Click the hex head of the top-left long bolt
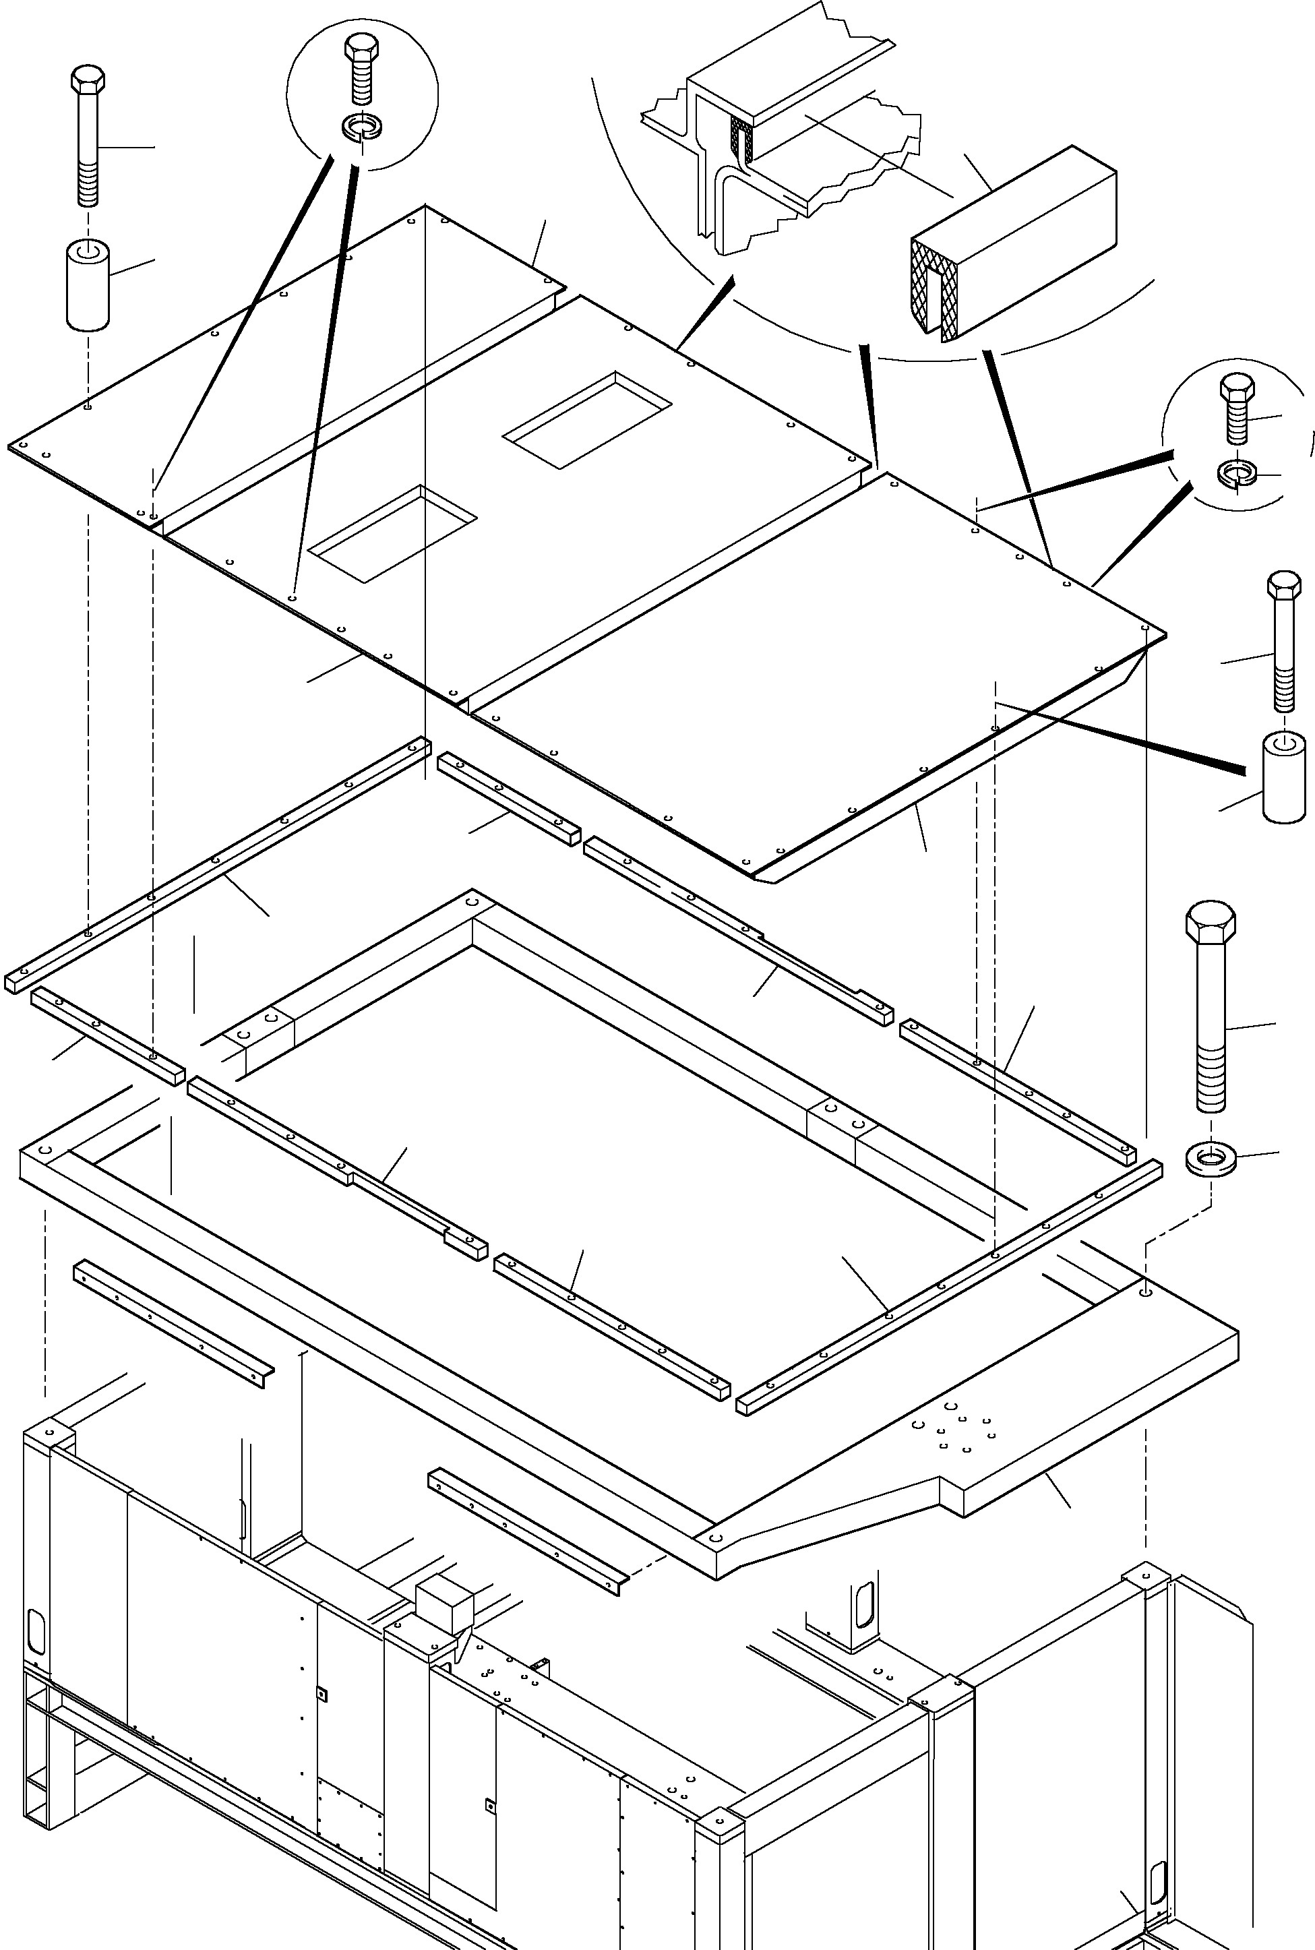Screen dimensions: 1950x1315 87,82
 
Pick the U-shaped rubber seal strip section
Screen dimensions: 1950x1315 1015,243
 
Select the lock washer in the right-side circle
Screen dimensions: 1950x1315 1235,473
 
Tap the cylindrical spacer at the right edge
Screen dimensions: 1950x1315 1284,776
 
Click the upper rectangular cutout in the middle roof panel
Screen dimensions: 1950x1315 586,419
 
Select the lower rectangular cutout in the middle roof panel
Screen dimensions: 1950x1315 392,532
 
